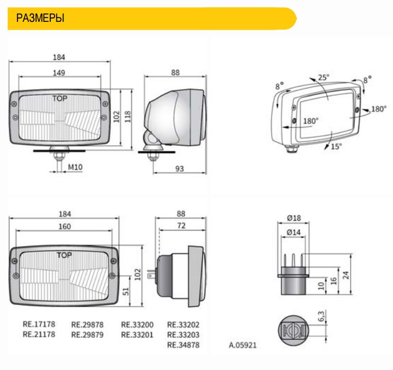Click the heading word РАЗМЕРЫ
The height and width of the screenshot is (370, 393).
40,18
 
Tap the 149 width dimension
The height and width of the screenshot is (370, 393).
59,73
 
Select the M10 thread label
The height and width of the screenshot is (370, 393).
75,167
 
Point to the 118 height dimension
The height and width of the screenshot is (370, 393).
127,116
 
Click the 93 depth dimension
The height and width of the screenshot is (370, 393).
179,169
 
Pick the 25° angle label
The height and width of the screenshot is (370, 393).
324,78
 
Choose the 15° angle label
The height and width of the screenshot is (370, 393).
336,146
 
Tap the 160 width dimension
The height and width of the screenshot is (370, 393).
64,226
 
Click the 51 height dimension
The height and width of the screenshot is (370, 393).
126,291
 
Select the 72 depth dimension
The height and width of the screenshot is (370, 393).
181,226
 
